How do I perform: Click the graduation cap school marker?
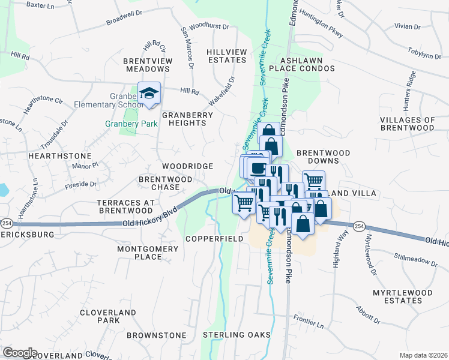149,93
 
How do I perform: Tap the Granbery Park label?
131,124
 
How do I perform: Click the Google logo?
19,353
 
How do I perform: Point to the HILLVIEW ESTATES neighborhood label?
226,56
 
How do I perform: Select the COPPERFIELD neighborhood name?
214,239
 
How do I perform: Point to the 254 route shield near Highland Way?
358,226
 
